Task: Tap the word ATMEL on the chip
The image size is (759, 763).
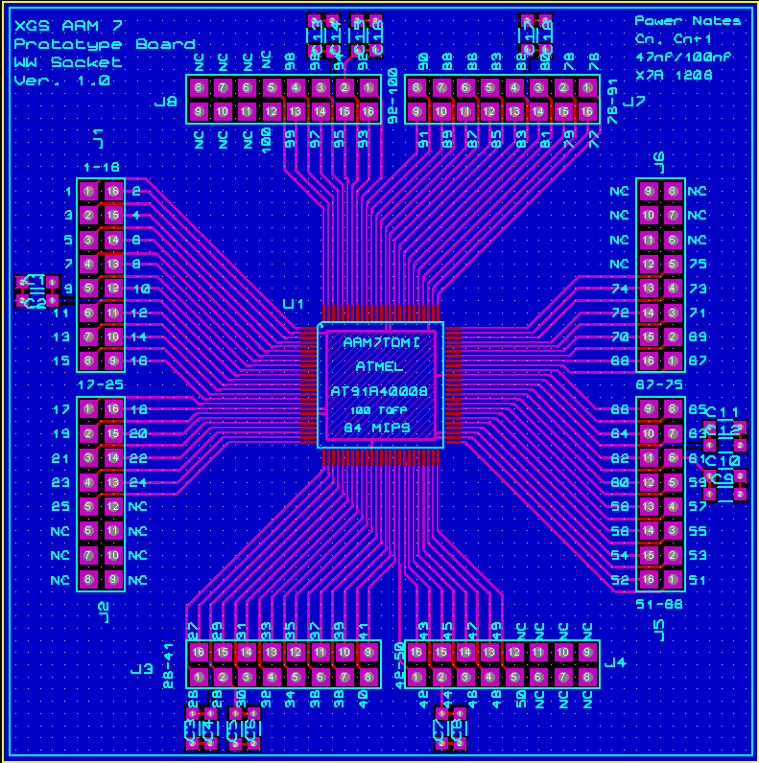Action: point(380,366)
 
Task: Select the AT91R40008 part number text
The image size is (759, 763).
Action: point(380,391)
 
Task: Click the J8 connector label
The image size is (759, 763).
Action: point(166,101)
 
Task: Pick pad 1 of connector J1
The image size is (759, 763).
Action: point(88,192)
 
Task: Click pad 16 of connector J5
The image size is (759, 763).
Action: point(649,579)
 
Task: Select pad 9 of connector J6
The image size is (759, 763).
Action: point(649,192)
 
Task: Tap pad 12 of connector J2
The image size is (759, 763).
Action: point(112,506)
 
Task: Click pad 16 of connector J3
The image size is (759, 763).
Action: point(199,653)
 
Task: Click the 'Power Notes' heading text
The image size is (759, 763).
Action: point(687,21)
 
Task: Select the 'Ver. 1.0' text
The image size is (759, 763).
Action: point(61,81)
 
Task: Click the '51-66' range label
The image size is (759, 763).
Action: point(659,604)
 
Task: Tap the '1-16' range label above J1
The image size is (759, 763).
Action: point(101,167)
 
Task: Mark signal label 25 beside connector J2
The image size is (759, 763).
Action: point(59,506)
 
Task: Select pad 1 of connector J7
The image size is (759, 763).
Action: point(587,88)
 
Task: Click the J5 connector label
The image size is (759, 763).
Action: point(659,629)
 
